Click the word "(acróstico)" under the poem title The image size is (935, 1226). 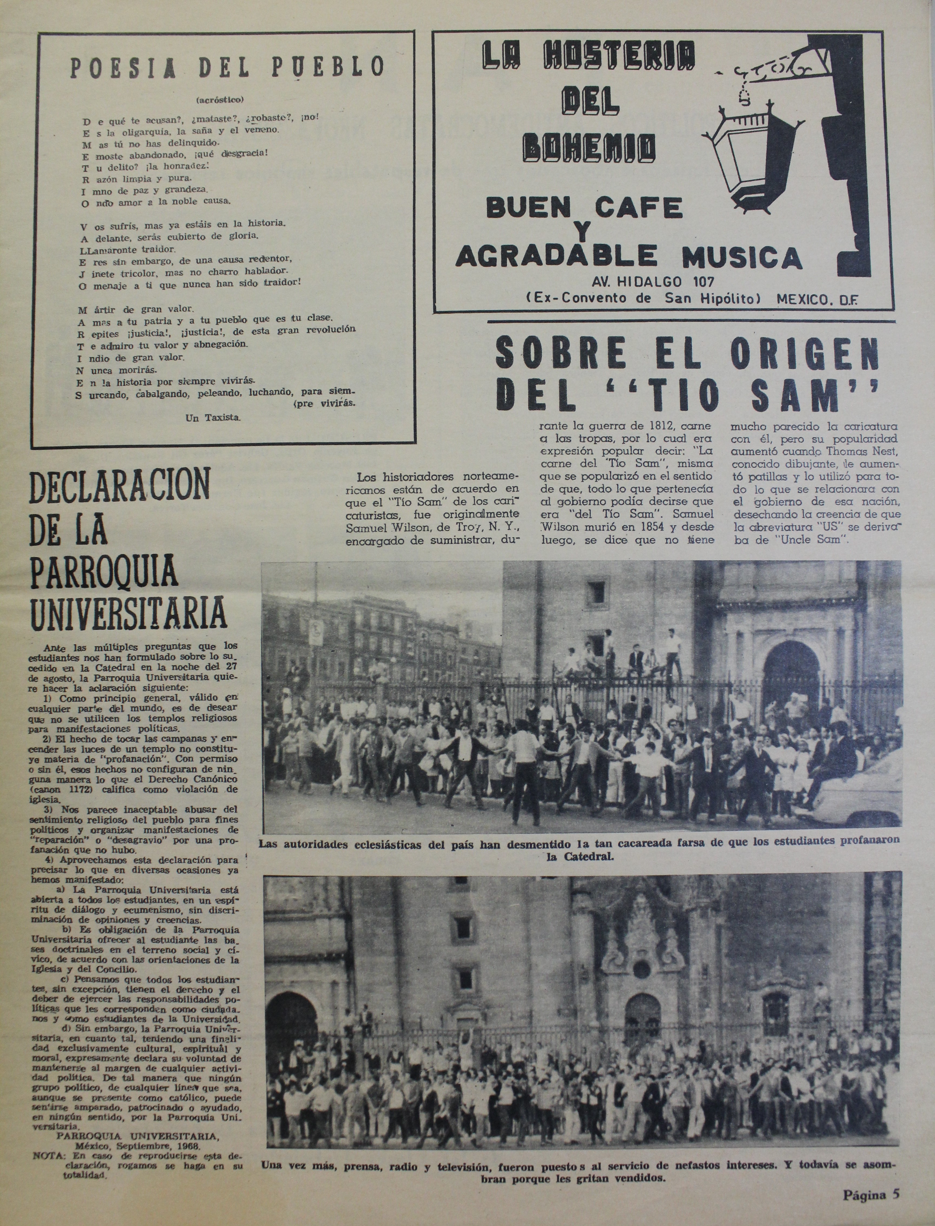click(220, 100)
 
